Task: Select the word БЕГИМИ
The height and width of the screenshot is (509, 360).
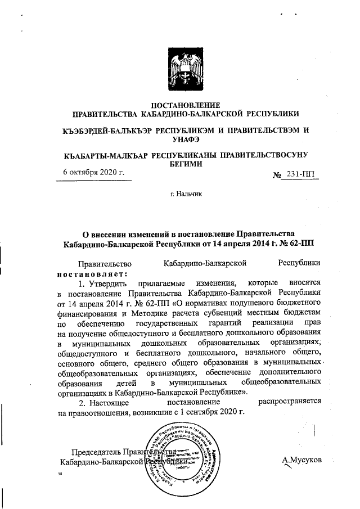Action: click(184, 164)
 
